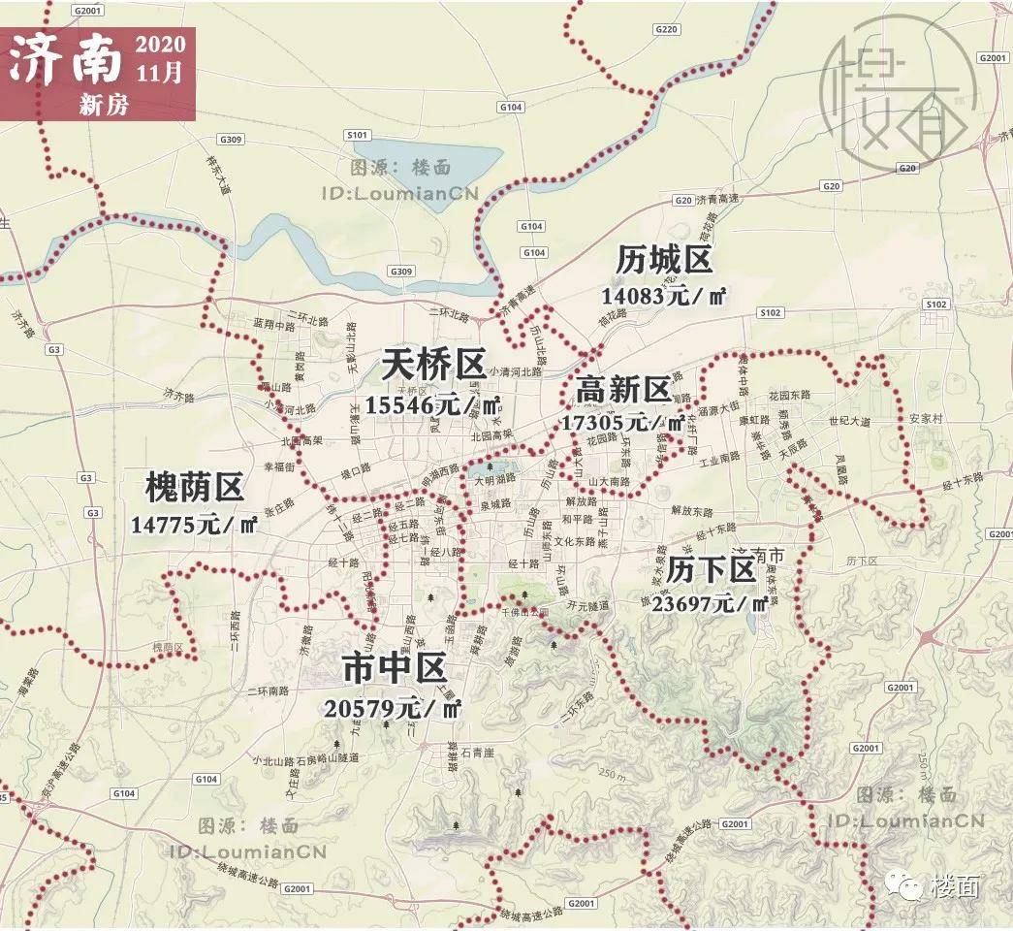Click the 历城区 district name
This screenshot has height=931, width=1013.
click(664, 261)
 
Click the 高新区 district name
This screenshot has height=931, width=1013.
click(622, 390)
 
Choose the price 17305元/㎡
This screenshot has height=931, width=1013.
click(622, 423)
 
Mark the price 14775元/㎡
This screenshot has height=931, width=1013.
click(194, 526)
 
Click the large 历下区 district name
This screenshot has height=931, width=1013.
click(711, 570)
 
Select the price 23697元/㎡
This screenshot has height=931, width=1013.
click(711, 604)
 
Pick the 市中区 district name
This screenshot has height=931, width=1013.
click(394, 668)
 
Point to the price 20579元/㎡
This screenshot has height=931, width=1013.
click(394, 709)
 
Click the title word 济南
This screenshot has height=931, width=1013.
click(66, 61)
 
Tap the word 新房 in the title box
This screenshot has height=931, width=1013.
click(104, 106)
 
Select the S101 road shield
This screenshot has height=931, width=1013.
click(358, 135)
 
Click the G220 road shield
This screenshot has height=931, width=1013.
click(666, 30)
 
